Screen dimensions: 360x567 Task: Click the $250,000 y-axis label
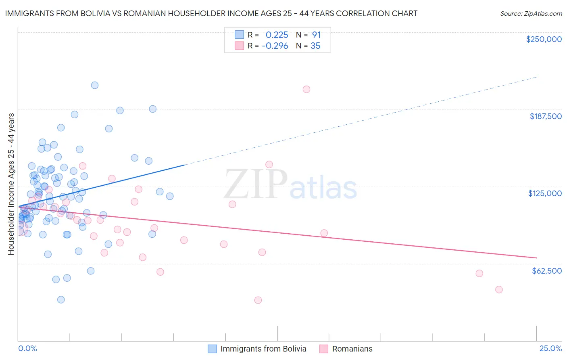(x=544, y=39)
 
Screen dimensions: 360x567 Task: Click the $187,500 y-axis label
(x=545, y=116)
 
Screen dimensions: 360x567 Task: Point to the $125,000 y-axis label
(x=545, y=193)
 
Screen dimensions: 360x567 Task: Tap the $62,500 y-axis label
(x=546, y=270)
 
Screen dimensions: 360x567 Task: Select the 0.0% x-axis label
(x=27, y=348)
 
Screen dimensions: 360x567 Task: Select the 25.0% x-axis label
(x=550, y=348)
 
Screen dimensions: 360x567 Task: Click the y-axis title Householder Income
(x=11, y=184)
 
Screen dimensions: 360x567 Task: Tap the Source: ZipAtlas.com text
(x=531, y=13)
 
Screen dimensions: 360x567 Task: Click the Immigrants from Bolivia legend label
(x=263, y=349)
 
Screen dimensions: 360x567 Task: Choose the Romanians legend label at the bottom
(x=352, y=349)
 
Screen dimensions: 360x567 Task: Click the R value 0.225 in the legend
(x=277, y=35)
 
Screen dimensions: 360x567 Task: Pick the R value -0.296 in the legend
(x=275, y=46)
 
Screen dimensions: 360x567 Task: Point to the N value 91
(x=316, y=35)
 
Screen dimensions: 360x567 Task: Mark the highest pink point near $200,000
(x=306, y=89)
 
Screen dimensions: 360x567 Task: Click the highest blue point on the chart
(x=95, y=85)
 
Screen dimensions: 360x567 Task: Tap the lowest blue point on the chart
(x=61, y=299)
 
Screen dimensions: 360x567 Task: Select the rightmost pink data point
(x=499, y=289)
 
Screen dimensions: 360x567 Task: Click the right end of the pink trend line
(x=537, y=257)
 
